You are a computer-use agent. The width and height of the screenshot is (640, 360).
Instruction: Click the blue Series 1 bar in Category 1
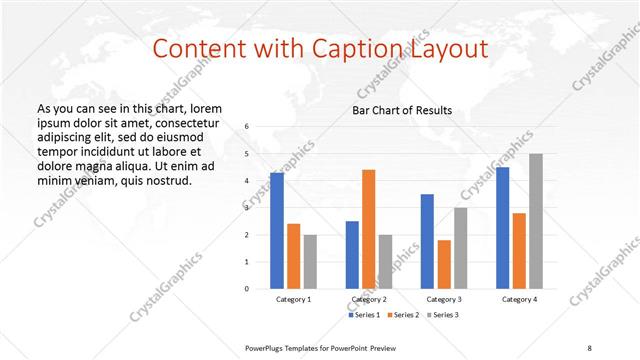click(277, 231)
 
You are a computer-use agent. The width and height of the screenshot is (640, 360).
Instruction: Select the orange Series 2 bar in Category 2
click(369, 229)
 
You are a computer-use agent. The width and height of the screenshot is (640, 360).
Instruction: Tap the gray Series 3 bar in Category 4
click(536, 221)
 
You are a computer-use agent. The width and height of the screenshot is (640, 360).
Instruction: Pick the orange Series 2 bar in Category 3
click(444, 264)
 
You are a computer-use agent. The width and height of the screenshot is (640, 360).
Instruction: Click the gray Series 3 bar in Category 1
click(310, 262)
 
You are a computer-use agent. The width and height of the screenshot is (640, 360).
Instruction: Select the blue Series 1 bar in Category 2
click(352, 255)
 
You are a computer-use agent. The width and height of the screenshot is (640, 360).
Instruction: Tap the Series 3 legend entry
click(443, 315)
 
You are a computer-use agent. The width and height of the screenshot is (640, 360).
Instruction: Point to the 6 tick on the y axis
click(247, 127)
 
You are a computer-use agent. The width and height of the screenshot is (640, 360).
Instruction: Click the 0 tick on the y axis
click(247, 289)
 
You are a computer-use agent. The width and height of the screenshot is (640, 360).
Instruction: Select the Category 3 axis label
click(443, 300)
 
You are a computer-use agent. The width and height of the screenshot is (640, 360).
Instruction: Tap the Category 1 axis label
click(293, 300)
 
